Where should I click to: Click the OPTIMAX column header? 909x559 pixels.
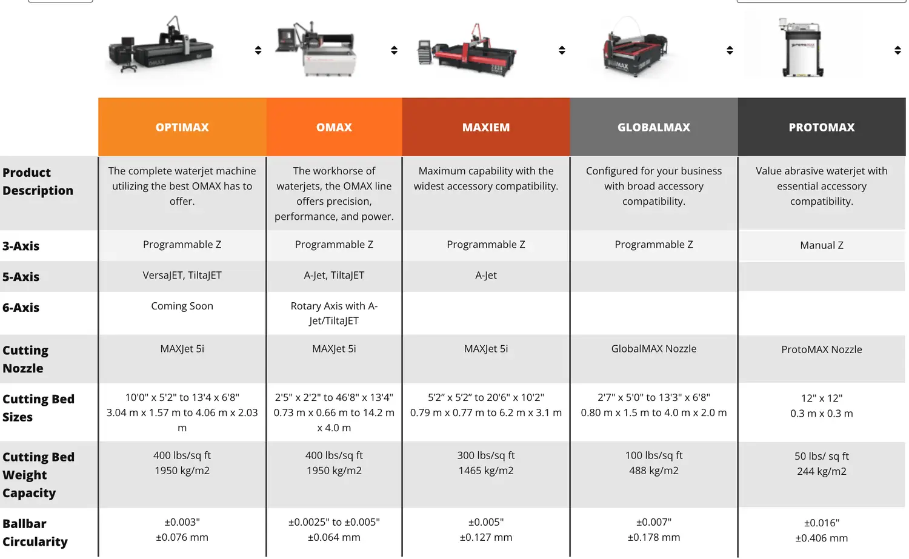(x=182, y=127)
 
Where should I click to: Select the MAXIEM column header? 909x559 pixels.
(x=486, y=127)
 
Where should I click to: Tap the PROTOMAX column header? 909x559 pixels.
(x=821, y=127)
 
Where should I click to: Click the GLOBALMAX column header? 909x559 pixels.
(x=654, y=127)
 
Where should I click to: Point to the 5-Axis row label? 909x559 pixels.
(x=21, y=277)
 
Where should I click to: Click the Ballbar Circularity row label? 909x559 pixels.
(x=35, y=532)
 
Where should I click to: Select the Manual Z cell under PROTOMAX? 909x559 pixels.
(x=821, y=245)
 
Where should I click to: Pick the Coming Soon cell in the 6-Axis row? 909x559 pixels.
(x=182, y=306)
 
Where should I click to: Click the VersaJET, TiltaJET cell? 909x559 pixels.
(x=182, y=275)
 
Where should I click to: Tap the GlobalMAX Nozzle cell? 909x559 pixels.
(x=653, y=348)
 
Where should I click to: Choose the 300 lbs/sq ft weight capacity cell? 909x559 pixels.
(x=486, y=455)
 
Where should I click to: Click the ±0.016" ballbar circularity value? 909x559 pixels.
(x=821, y=523)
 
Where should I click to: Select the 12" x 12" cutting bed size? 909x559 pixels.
(x=821, y=398)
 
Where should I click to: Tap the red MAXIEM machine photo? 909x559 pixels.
(x=467, y=50)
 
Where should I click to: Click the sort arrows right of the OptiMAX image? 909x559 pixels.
(x=258, y=50)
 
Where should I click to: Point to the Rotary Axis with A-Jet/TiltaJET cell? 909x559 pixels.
(x=334, y=313)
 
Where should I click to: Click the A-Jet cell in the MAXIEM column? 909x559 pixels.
(x=486, y=275)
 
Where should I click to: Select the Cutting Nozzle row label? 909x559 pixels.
(x=25, y=359)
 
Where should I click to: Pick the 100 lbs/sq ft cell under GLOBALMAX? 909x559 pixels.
(x=654, y=455)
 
